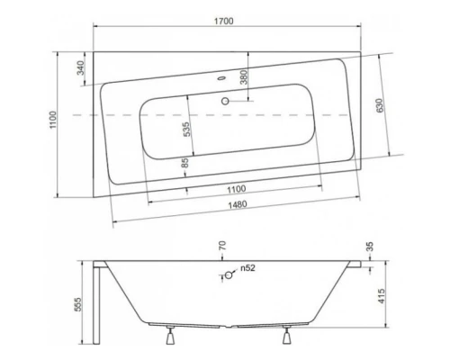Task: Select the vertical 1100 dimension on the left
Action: click(x=55, y=119)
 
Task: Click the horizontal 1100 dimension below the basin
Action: click(x=235, y=189)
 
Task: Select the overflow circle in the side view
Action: click(x=229, y=276)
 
